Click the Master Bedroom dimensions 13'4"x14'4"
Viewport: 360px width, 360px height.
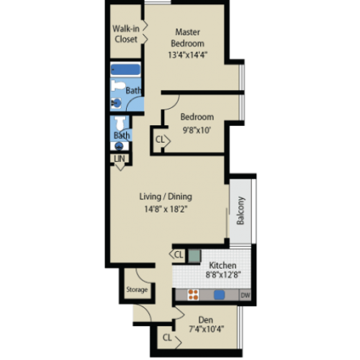[x=187, y=55]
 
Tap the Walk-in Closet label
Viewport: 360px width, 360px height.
[x=126, y=34]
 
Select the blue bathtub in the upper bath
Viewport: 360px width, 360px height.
[x=125, y=70]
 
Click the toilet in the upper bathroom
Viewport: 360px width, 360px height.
[x=118, y=86]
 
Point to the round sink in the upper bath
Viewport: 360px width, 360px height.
[x=117, y=104]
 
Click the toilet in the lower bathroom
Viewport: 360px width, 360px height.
[x=120, y=123]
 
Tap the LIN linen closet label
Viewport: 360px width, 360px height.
[x=120, y=158]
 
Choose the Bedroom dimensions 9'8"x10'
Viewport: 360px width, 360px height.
[x=197, y=130]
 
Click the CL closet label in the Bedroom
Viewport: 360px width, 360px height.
[x=160, y=140]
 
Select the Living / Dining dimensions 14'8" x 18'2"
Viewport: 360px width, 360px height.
[x=166, y=210]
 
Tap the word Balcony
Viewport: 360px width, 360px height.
[x=240, y=210]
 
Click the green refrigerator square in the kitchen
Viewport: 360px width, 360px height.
[x=194, y=256]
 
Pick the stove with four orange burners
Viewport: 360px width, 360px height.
[x=193, y=295]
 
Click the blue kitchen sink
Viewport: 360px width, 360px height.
[x=219, y=295]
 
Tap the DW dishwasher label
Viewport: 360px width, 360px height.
[x=246, y=295]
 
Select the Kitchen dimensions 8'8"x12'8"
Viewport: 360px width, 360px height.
[x=223, y=274]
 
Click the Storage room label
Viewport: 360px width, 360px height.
[x=137, y=289]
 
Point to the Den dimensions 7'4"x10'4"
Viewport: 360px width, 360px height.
[x=207, y=329]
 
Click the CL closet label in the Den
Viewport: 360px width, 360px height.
[x=167, y=338]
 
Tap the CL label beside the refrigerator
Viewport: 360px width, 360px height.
[x=179, y=254]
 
